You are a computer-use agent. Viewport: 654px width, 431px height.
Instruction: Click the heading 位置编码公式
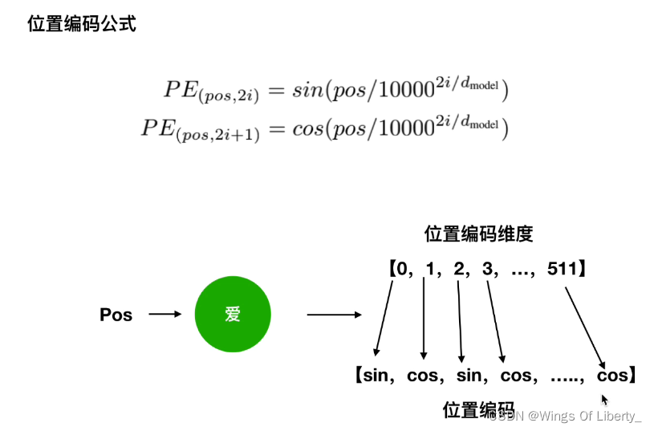pos(82,24)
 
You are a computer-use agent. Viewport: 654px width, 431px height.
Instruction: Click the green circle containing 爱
pos(233,315)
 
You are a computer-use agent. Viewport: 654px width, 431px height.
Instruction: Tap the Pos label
pos(116,315)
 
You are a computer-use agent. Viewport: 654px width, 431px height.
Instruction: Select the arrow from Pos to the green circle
pos(165,315)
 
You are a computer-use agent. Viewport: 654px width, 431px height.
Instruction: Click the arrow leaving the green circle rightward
pos(334,315)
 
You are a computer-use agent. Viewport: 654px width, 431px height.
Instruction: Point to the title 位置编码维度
pos(478,234)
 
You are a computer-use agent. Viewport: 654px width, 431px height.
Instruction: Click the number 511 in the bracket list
pos(561,268)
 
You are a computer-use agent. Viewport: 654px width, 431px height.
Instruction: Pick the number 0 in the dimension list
pos(403,268)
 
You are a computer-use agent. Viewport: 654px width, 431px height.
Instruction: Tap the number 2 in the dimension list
pos(458,268)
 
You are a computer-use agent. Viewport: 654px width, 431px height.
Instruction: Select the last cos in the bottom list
pos(612,375)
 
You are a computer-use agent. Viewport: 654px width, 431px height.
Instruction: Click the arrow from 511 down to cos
pos(585,321)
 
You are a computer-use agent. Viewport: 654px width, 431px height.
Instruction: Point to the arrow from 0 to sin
pos(384,317)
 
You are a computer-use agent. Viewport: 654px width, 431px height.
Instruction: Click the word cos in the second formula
pos(307,128)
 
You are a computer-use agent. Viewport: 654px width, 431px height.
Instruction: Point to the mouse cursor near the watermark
pos(605,399)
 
